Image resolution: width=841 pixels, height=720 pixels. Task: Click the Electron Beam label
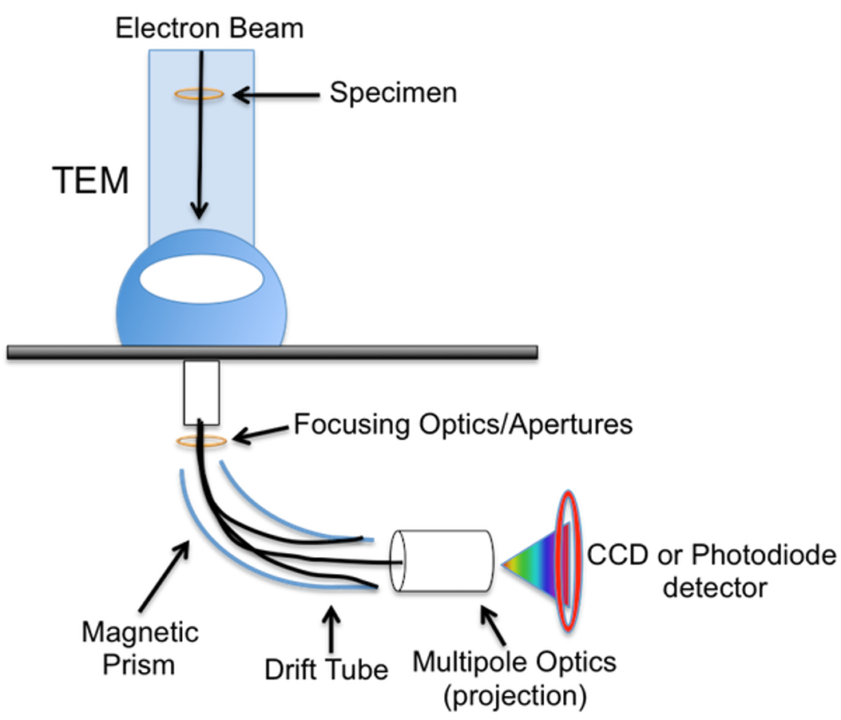pos(209,28)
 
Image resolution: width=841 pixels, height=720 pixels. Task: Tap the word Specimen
pos(393,93)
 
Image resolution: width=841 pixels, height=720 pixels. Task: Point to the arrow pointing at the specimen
pos(276,96)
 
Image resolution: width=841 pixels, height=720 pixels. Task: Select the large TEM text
pos(90,180)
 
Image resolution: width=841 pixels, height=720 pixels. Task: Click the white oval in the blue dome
pos(202,280)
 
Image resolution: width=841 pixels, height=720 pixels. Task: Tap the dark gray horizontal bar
pos(272,352)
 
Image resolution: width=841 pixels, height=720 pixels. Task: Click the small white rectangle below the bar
pos(202,393)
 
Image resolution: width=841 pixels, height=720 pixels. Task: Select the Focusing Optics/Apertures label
pos(463,425)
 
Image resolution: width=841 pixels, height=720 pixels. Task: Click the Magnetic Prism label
pos(140,649)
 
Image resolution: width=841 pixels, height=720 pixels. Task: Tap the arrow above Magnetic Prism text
pos(164,576)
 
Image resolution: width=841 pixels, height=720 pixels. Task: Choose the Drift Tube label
pos(326,670)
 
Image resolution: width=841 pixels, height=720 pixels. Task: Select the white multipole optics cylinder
pos(442,561)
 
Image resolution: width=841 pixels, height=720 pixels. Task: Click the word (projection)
pos(515,696)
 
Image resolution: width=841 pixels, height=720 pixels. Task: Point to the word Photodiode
pos(764,554)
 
